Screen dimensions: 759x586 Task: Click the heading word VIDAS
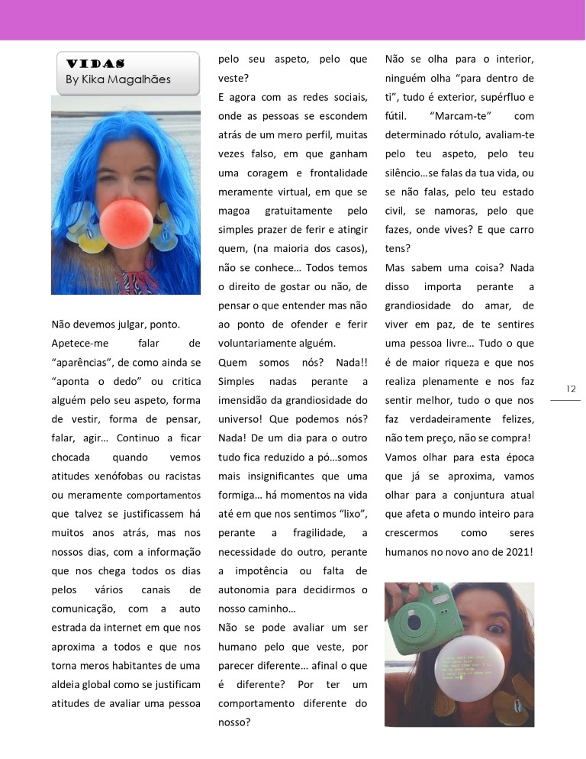[x=95, y=63]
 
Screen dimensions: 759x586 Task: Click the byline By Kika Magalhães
[x=118, y=79]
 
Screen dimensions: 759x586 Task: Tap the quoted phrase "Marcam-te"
[x=460, y=116]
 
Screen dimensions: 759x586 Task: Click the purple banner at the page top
[x=293, y=20]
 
